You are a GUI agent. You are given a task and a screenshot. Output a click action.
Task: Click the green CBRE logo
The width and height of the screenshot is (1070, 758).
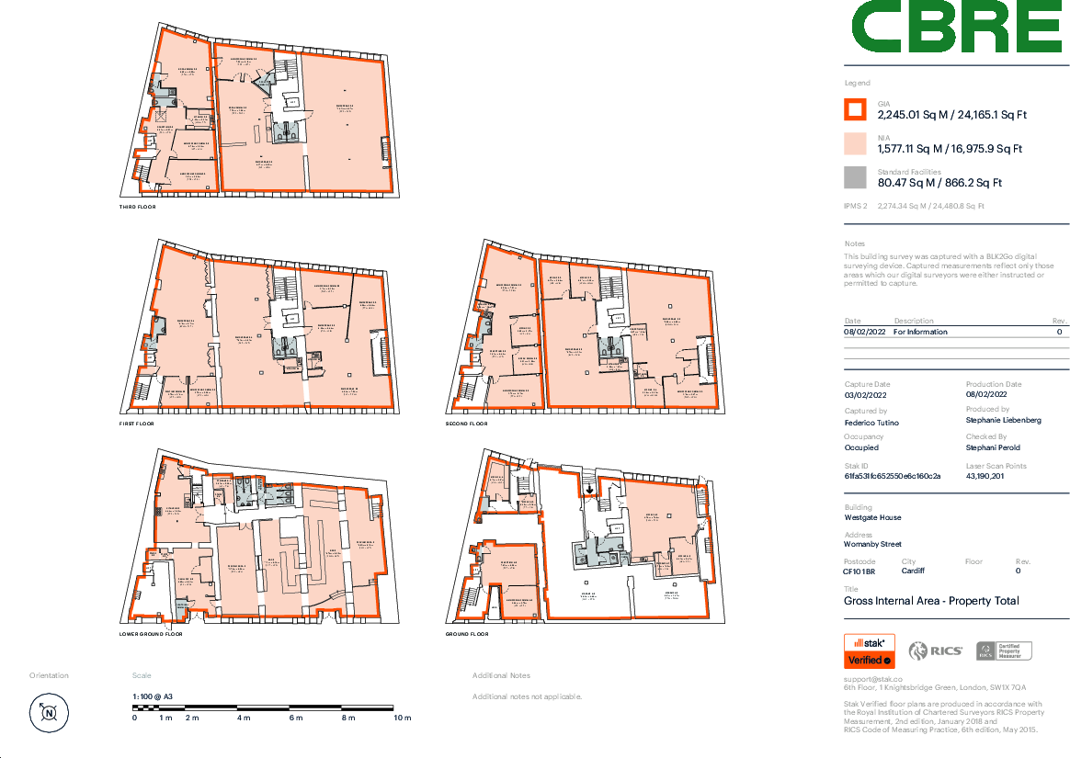pyautogui.click(x=956, y=28)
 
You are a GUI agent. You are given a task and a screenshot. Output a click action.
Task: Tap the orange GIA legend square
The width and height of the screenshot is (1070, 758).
pyautogui.click(x=855, y=109)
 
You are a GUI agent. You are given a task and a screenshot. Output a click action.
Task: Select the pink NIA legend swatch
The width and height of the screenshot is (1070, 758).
pyautogui.click(x=855, y=143)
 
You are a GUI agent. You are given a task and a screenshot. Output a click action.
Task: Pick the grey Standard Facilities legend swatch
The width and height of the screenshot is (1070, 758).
pyautogui.click(x=855, y=177)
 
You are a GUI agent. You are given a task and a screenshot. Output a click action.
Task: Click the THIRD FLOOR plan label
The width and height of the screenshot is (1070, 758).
pyautogui.click(x=138, y=207)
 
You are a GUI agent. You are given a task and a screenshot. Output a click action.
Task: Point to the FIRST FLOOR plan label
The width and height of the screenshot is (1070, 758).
pyautogui.click(x=138, y=424)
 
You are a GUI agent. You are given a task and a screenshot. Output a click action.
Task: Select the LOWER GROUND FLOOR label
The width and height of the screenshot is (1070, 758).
pyautogui.click(x=151, y=634)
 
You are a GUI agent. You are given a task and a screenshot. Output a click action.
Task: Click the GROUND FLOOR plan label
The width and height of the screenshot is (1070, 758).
pyautogui.click(x=467, y=634)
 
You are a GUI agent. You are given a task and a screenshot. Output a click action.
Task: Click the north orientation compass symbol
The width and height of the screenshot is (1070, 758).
pyautogui.click(x=49, y=712)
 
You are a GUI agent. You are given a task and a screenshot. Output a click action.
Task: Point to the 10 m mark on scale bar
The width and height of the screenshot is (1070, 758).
pyautogui.click(x=402, y=717)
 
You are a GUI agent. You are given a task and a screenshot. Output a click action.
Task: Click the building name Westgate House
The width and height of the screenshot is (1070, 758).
pyautogui.click(x=872, y=517)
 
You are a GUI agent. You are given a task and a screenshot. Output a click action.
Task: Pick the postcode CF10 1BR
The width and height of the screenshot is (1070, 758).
pyautogui.click(x=860, y=571)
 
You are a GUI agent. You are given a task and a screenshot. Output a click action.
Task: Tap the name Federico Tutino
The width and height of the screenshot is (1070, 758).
pyautogui.click(x=871, y=422)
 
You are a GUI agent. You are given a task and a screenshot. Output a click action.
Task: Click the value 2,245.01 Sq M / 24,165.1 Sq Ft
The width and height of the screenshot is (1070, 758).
pyautogui.click(x=951, y=115)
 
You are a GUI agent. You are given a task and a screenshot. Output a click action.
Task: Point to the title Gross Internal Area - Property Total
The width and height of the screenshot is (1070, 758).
pyautogui.click(x=931, y=601)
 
